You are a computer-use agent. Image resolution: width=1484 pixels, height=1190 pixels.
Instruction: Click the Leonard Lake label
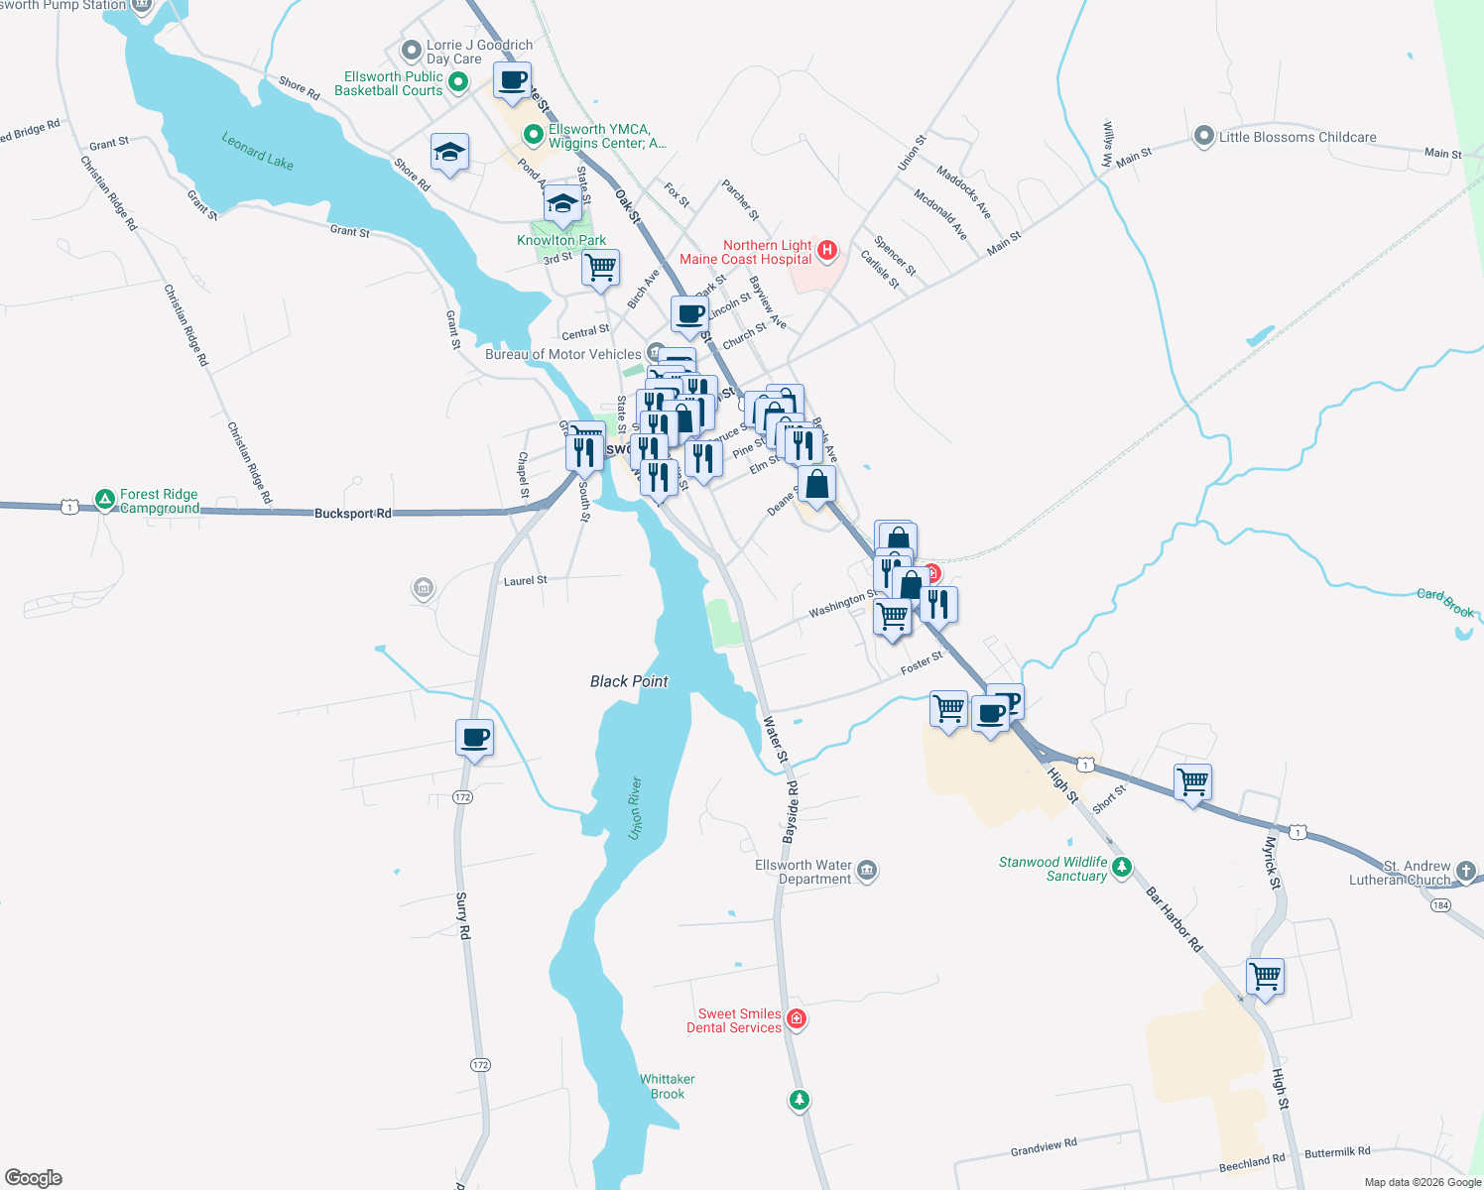(257, 151)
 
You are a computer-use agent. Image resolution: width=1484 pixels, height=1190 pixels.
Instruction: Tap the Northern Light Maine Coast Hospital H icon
(827, 251)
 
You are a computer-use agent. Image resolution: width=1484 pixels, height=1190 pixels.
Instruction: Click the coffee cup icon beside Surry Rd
(474, 738)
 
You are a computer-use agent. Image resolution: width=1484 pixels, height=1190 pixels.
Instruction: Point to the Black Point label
(629, 681)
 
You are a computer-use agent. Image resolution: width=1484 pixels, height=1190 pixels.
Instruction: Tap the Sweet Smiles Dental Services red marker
(796, 1019)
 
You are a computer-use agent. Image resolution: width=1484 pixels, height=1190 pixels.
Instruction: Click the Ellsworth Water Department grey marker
(867, 871)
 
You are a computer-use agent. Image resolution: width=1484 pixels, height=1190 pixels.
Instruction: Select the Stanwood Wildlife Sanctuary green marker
(1122, 868)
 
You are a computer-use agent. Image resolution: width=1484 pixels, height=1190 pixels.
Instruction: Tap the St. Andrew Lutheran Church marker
(1467, 873)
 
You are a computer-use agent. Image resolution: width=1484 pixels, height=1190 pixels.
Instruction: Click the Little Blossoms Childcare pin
(1203, 137)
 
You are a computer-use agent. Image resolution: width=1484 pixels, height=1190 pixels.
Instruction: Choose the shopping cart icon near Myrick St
(1265, 976)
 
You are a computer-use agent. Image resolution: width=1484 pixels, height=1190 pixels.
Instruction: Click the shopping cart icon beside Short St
(1192, 781)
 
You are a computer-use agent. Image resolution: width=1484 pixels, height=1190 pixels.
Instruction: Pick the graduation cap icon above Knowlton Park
(562, 203)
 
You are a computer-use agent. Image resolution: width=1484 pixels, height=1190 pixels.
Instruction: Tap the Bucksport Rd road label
(352, 514)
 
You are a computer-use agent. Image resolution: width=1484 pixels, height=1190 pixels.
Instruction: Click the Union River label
(635, 808)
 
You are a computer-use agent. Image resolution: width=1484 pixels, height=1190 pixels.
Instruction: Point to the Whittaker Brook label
(668, 1086)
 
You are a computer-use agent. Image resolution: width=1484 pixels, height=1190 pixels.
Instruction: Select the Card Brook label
(1445, 602)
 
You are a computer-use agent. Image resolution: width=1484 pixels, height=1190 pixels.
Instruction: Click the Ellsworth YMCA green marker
(534, 133)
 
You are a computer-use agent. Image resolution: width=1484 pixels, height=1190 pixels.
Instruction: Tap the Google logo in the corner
(34, 1177)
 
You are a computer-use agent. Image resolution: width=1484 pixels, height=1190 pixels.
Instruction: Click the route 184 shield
(1440, 905)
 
